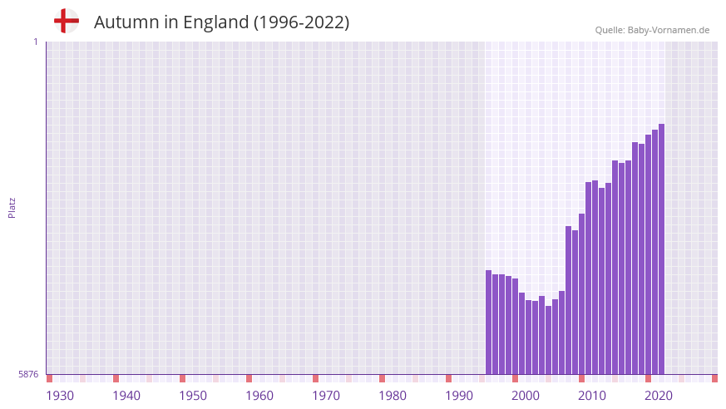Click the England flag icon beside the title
[67, 21]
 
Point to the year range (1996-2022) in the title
[302, 22]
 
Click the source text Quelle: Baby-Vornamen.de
[652, 30]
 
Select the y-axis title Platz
[12, 207]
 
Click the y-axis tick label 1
[35, 42]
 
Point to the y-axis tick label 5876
[28, 374]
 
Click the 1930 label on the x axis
[60, 396]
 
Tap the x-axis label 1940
[126, 396]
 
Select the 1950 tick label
[193, 396]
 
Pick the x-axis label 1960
[259, 396]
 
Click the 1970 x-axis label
[326, 396]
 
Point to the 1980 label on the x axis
[393, 396]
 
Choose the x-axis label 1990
[459, 396]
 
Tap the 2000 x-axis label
[526, 396]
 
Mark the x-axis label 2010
[592, 396]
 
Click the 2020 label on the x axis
[659, 396]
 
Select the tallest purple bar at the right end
[661, 249]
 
